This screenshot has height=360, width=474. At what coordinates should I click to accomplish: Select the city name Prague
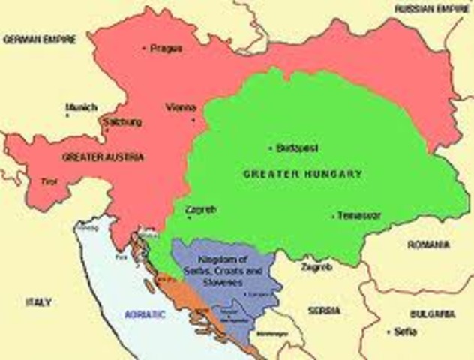click(166, 48)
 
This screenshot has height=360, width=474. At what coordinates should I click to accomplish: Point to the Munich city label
click(81, 106)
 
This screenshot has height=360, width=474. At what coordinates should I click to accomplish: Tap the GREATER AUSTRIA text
click(103, 157)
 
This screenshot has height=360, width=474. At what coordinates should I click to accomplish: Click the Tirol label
click(47, 182)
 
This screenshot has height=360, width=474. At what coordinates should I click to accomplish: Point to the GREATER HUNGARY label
click(303, 174)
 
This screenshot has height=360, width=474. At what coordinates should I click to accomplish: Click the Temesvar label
click(358, 216)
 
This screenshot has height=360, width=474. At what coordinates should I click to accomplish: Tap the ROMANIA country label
click(429, 245)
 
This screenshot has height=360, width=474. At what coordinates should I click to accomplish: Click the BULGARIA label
click(432, 313)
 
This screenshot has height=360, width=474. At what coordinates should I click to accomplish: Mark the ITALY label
click(38, 302)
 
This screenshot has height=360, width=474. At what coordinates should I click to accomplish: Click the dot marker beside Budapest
click(271, 148)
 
